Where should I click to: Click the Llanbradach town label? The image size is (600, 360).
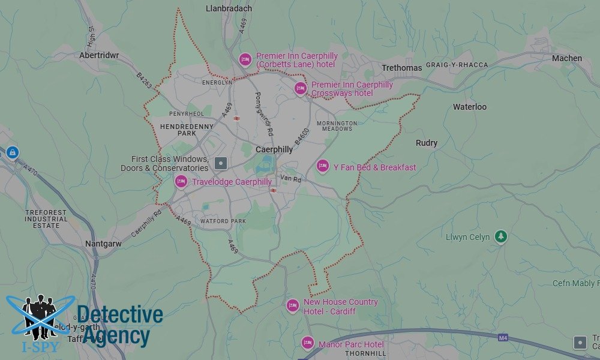(229, 8)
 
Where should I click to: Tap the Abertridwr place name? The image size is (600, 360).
(99, 55)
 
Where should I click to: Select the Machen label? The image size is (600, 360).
(567, 58)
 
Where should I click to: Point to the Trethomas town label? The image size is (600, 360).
(401, 68)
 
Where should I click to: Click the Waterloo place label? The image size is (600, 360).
(469, 107)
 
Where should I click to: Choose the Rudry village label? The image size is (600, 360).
(427, 143)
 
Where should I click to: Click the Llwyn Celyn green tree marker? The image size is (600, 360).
(501, 237)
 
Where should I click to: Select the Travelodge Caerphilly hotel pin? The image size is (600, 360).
(181, 181)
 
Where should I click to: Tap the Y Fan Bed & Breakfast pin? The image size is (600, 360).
(323, 166)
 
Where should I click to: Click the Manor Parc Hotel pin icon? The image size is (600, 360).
(308, 343)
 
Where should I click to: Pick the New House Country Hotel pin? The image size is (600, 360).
(293, 305)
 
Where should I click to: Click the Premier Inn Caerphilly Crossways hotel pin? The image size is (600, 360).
(301, 88)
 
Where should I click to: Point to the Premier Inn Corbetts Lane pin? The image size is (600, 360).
(245, 59)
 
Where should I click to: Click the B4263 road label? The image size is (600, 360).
(145, 80)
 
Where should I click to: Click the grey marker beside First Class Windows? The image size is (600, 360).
(221, 163)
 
